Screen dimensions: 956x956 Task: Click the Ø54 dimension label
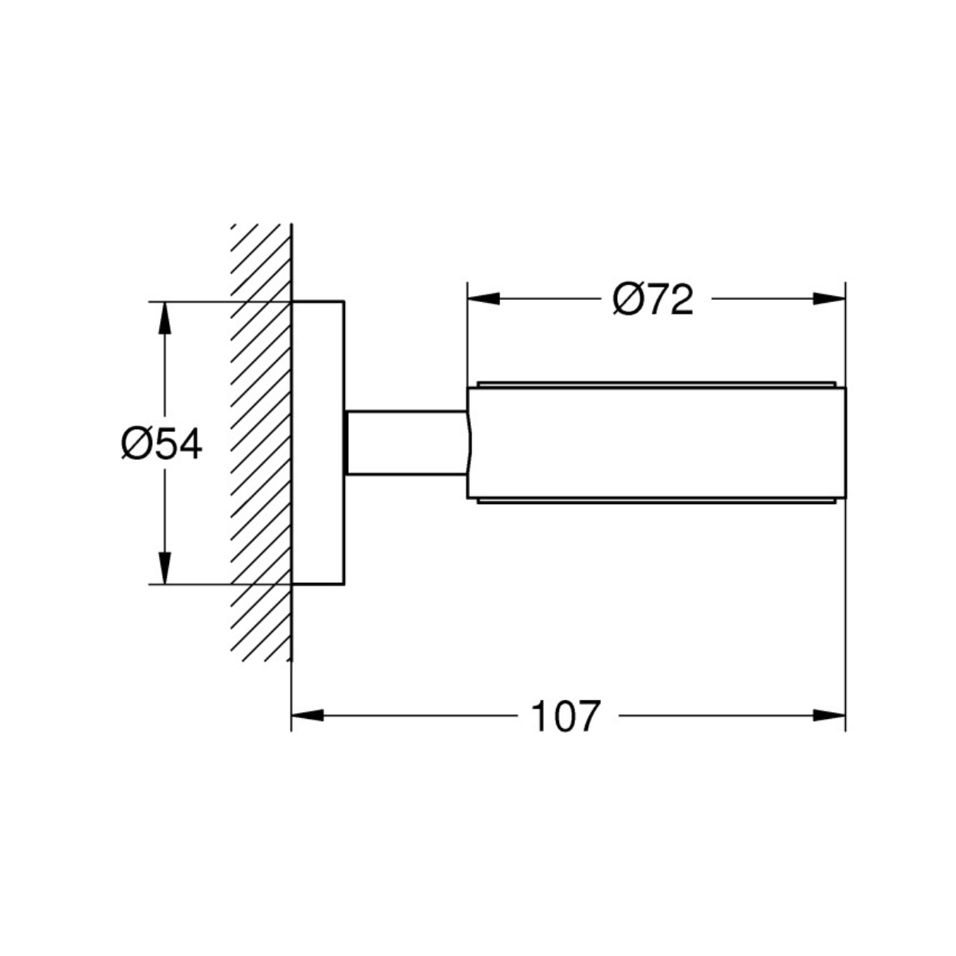[161, 444]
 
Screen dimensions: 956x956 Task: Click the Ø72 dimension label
[653, 299]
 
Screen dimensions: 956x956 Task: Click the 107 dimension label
[566, 716]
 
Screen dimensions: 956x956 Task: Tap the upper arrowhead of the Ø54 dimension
[164, 317]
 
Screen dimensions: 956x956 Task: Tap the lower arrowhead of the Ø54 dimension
[164, 568]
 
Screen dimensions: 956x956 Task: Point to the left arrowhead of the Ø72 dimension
[483, 299]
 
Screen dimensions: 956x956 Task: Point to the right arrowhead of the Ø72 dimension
[829, 299]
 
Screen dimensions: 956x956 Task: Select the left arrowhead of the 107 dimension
[307, 715]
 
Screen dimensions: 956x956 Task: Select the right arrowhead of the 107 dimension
[829, 715]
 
